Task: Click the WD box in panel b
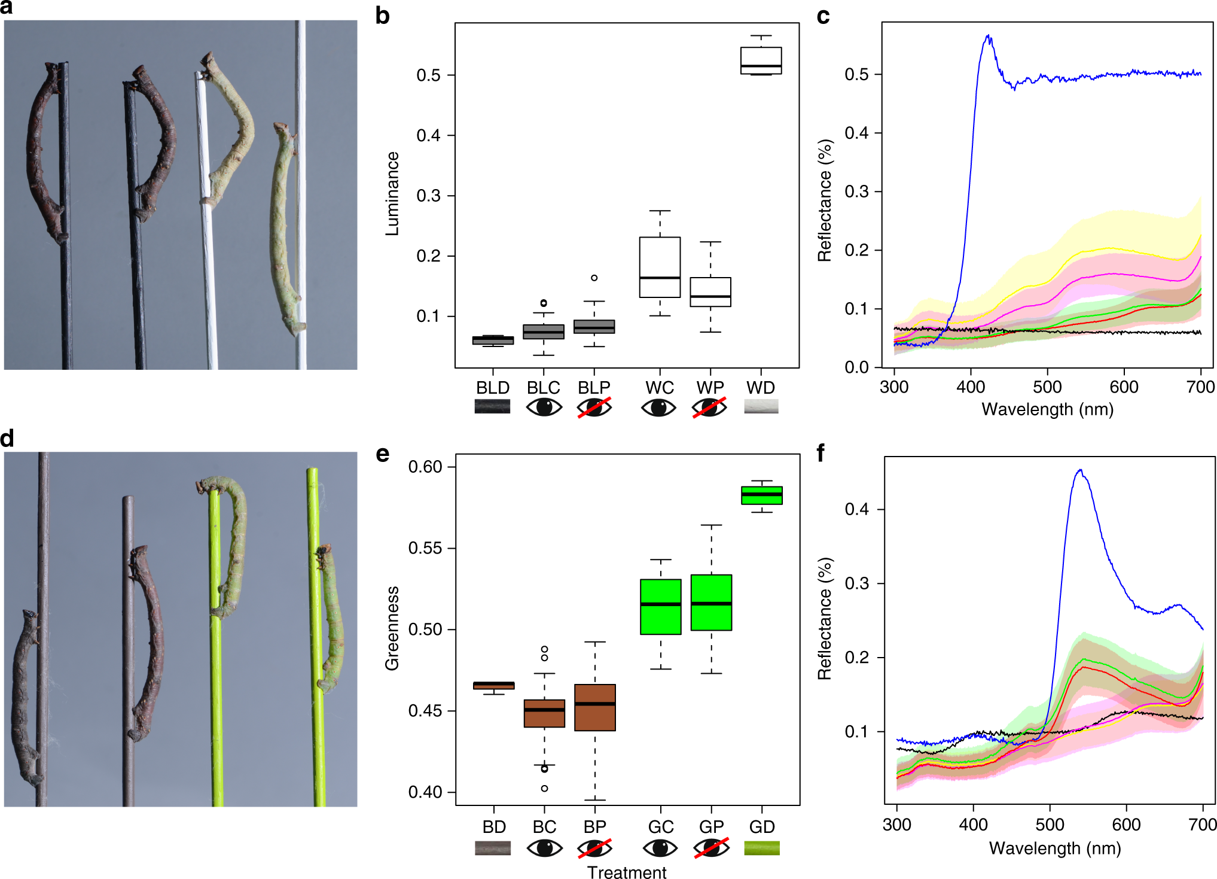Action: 761,60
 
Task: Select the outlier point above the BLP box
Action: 594,278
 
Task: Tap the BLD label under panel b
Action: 493,388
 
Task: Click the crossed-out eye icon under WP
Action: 710,408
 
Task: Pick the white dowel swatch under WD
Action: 761,407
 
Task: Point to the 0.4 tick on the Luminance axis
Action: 429,136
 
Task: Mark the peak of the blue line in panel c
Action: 988,36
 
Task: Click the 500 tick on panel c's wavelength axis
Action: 1047,387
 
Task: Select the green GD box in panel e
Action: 761,495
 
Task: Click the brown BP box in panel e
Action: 594,707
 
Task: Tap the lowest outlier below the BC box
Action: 544,788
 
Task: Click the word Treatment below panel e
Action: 626,872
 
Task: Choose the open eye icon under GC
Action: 660,848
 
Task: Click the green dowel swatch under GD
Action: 761,848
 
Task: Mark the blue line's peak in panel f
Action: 1079,470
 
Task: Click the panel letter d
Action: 7,439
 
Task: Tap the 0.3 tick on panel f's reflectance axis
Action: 856,583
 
